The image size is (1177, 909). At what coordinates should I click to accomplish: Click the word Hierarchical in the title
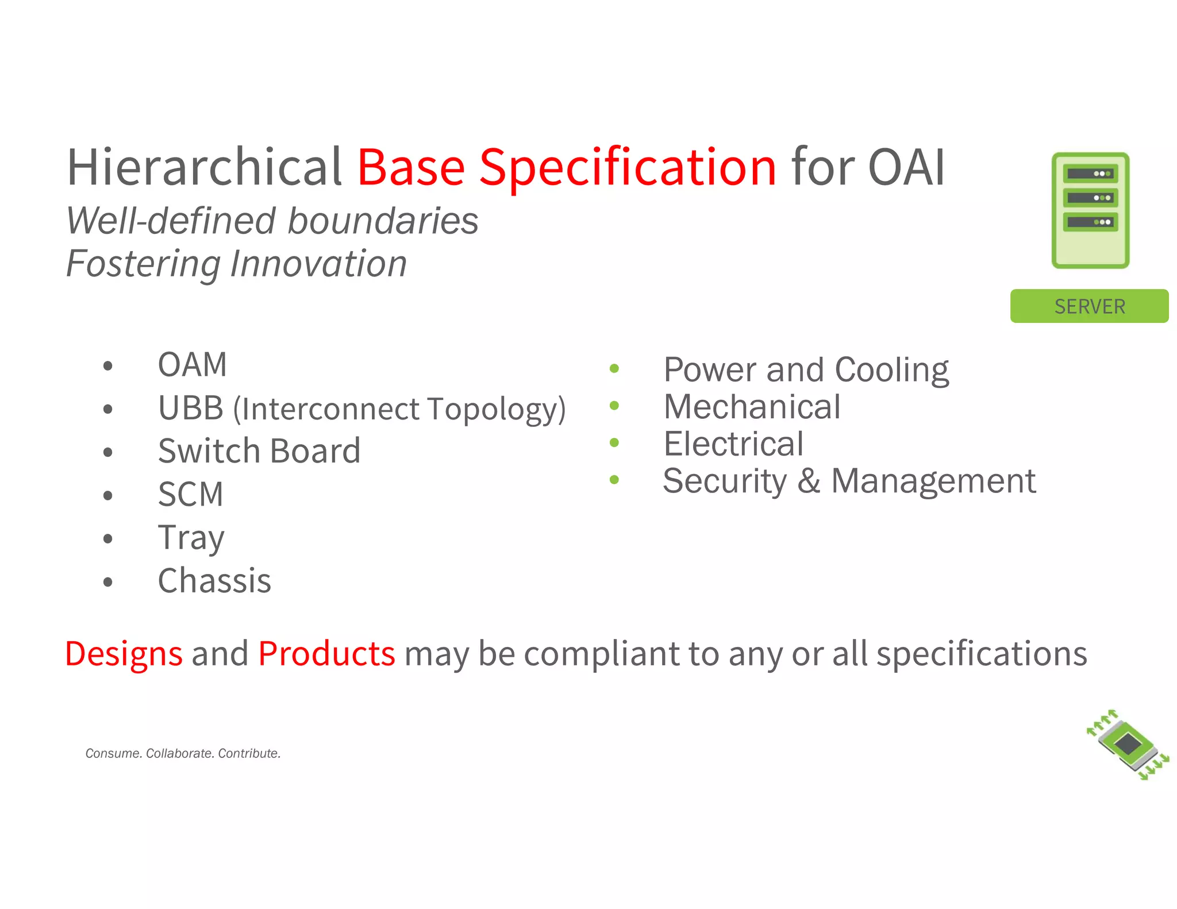205,168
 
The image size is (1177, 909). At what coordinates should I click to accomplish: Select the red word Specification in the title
628,168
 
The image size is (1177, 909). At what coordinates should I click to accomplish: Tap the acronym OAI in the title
906,168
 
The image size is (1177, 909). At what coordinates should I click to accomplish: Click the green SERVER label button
1089,306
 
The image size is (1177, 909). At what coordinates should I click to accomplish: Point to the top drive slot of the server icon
1090,174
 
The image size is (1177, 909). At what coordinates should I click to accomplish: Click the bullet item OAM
193,365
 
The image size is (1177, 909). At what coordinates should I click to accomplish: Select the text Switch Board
259,451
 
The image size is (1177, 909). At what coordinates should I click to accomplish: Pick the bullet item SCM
190,494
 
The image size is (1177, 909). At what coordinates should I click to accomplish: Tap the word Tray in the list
191,538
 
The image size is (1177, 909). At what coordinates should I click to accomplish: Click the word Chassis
214,581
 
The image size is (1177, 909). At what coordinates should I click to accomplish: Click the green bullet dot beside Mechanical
614,406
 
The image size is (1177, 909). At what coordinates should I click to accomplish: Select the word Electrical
733,444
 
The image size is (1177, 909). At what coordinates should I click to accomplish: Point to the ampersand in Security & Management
809,481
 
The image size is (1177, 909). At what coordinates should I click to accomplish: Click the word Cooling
891,369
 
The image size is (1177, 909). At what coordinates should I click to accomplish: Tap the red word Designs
124,654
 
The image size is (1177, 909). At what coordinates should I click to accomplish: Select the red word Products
326,654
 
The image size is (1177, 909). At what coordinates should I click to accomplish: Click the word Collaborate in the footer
179,753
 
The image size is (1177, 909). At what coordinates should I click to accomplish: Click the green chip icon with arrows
1128,745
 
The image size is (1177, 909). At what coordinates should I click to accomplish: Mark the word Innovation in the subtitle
318,264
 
